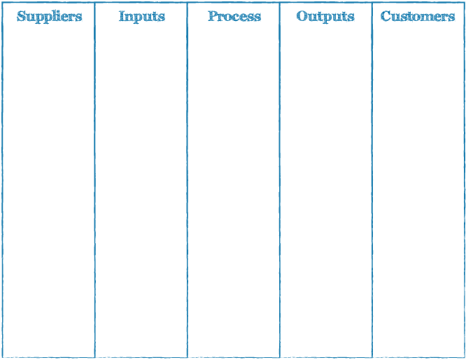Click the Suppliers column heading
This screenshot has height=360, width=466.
(x=50, y=17)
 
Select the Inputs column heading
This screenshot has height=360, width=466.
(x=142, y=17)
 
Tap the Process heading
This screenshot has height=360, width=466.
(x=234, y=16)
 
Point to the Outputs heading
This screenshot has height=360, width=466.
(x=325, y=17)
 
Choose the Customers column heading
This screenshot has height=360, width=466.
(x=418, y=16)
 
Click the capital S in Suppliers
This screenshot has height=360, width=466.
(x=21, y=16)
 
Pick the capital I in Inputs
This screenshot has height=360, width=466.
(x=122, y=16)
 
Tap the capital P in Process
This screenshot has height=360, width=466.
(x=213, y=16)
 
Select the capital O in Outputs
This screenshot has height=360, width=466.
(x=302, y=16)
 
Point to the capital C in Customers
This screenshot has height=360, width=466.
(x=386, y=16)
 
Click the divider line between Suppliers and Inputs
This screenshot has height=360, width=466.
(x=94, y=180)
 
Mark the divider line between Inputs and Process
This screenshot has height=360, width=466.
(x=188, y=180)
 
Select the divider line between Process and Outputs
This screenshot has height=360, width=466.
(x=280, y=180)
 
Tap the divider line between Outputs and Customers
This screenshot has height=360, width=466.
(x=372, y=180)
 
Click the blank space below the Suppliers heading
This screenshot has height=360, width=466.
(x=49, y=190)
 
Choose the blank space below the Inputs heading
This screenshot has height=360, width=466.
(x=141, y=190)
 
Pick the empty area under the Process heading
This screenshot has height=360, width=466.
(x=234, y=190)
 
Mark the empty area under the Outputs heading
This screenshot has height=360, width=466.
(x=326, y=190)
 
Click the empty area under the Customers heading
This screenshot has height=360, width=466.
(x=418, y=190)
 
